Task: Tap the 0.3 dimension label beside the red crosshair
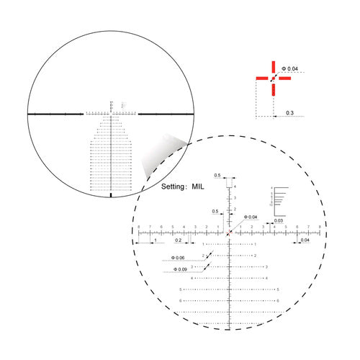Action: (289, 113)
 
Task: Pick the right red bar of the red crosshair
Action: (284, 78)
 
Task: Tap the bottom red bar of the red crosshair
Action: (273, 89)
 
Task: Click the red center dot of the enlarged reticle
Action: (229, 233)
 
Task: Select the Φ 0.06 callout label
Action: (178, 258)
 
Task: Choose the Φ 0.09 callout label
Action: (180, 269)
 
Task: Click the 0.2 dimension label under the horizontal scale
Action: (178, 240)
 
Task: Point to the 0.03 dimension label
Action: (278, 220)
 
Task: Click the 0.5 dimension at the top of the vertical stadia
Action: (217, 175)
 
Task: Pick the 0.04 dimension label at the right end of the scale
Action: (306, 240)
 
